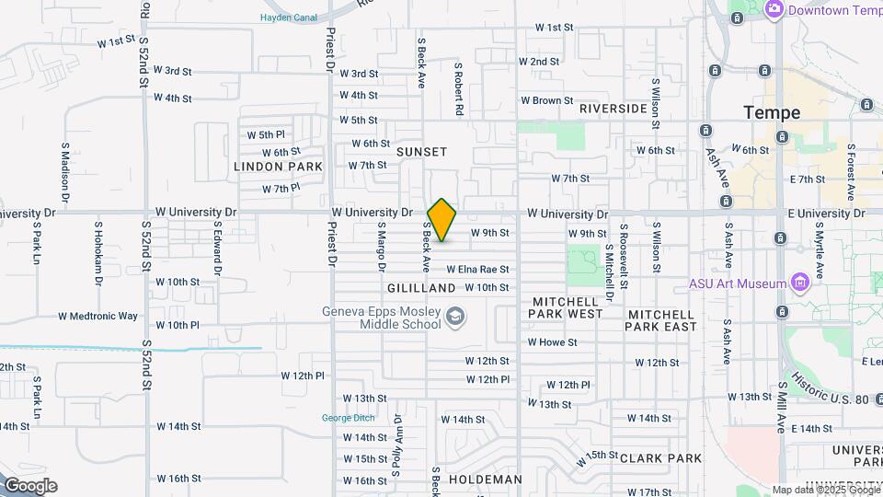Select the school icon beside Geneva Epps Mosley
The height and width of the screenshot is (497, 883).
pyautogui.click(x=454, y=318)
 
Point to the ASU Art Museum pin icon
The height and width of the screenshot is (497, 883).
pyautogui.click(x=798, y=281)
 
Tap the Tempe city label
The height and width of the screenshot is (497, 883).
pyautogui.click(x=772, y=112)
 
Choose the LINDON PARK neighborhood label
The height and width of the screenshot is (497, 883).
pyautogui.click(x=278, y=167)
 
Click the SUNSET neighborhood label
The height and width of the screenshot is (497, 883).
pyautogui.click(x=421, y=152)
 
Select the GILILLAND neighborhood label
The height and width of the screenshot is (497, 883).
pyautogui.click(x=421, y=288)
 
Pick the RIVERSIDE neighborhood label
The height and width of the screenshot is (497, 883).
pyautogui.click(x=613, y=109)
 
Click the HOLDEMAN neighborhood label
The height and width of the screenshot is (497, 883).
pyautogui.click(x=485, y=480)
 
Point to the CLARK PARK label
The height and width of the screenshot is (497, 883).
pyautogui.click(x=660, y=458)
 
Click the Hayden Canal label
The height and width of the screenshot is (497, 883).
pyautogui.click(x=289, y=17)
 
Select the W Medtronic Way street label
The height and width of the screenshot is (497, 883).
pyautogui.click(x=97, y=316)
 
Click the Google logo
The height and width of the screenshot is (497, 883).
pyautogui.click(x=30, y=486)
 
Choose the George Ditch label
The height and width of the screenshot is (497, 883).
pyautogui.click(x=348, y=418)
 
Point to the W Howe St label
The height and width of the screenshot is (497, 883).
pyautogui.click(x=552, y=342)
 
